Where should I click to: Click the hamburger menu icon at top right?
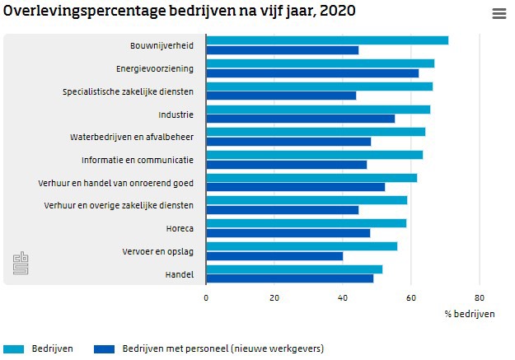(x=499, y=13)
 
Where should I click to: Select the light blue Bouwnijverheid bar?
(x=327, y=40)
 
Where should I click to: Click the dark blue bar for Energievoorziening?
(x=312, y=72)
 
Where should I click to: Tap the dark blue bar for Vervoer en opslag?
(x=274, y=255)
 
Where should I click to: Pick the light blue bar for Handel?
(x=294, y=269)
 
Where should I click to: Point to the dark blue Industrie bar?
(x=300, y=119)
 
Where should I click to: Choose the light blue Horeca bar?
(x=306, y=223)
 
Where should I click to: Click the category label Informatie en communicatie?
(x=138, y=159)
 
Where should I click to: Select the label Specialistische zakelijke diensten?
(x=128, y=91)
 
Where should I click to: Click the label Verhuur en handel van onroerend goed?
(x=116, y=182)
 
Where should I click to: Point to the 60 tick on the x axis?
(x=411, y=298)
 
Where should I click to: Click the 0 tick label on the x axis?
(x=206, y=298)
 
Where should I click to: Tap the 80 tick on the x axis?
(x=480, y=298)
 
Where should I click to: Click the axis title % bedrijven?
(x=470, y=314)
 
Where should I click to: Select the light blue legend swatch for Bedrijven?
(x=14, y=348)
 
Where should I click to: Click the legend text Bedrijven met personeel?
(x=222, y=348)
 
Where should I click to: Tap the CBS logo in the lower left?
(x=20, y=264)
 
